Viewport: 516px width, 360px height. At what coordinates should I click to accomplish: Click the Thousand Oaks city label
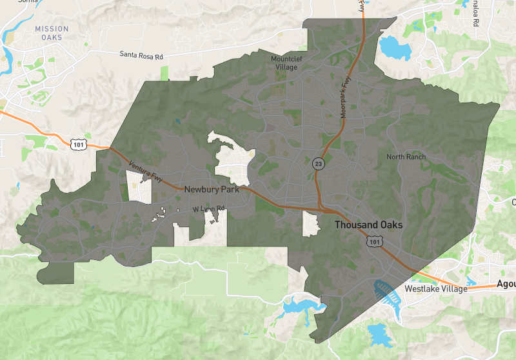(368, 225)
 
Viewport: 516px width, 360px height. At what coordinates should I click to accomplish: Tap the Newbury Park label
(212, 190)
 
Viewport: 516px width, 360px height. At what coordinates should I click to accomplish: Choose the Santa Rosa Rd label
(141, 55)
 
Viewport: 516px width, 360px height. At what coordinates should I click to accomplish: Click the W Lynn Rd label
(208, 209)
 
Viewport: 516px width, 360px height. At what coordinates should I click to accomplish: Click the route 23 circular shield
(319, 164)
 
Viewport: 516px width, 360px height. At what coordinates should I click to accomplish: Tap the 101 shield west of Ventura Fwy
(78, 145)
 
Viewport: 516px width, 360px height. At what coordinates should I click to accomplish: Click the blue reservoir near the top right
(390, 47)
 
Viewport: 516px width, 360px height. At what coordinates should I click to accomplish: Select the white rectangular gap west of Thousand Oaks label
(311, 223)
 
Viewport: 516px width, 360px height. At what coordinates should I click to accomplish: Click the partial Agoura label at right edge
(506, 284)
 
